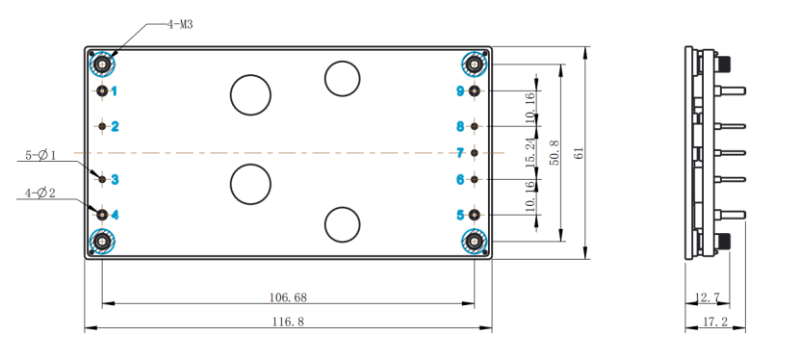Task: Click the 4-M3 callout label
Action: (180, 24)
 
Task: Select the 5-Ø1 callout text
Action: (41, 154)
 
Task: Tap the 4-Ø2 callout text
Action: (40, 193)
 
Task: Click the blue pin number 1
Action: (115, 91)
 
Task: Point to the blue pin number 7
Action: (460, 152)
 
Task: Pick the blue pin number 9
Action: (461, 91)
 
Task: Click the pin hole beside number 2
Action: (103, 126)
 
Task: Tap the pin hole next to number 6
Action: (475, 179)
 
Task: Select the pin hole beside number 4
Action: (103, 215)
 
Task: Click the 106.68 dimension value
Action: (288, 297)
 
